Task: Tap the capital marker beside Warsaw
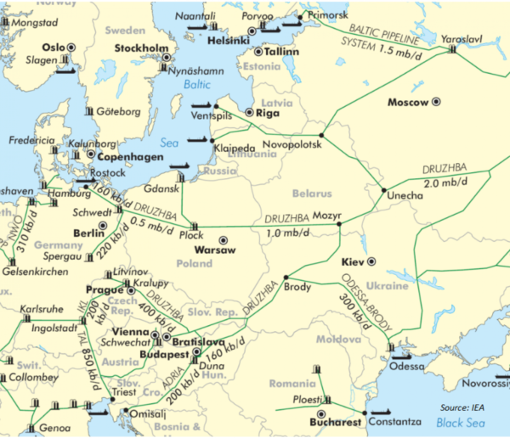224,240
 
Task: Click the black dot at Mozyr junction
339,224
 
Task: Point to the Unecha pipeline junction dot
383,189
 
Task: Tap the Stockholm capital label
143,47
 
